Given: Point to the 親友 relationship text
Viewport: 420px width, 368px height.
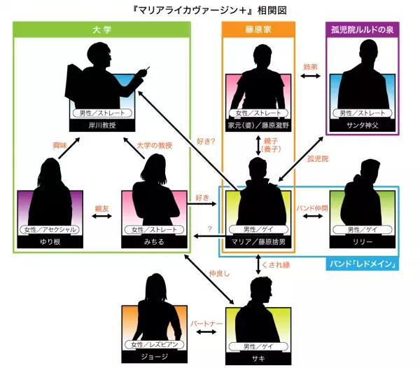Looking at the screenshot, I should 102,208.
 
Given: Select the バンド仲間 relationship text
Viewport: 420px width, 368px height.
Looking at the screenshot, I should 311,208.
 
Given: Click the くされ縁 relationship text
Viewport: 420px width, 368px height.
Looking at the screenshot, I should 275,265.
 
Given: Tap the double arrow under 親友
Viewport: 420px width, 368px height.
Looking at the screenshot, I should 102,218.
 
